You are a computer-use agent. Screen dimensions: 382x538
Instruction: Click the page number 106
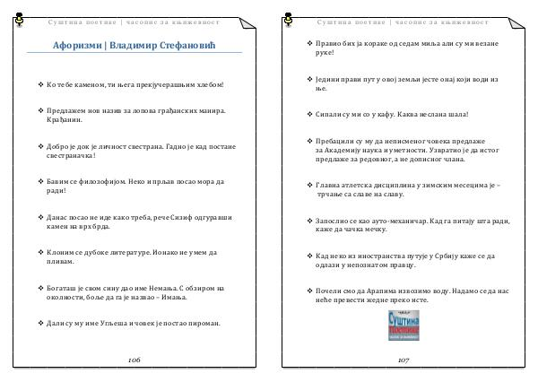click(134, 359)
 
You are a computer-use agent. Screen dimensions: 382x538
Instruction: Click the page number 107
click(403, 359)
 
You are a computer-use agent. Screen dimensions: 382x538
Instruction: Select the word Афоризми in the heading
click(78, 46)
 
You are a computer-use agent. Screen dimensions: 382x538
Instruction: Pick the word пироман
click(201, 322)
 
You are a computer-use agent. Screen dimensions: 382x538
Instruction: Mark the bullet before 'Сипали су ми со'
click(308, 115)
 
